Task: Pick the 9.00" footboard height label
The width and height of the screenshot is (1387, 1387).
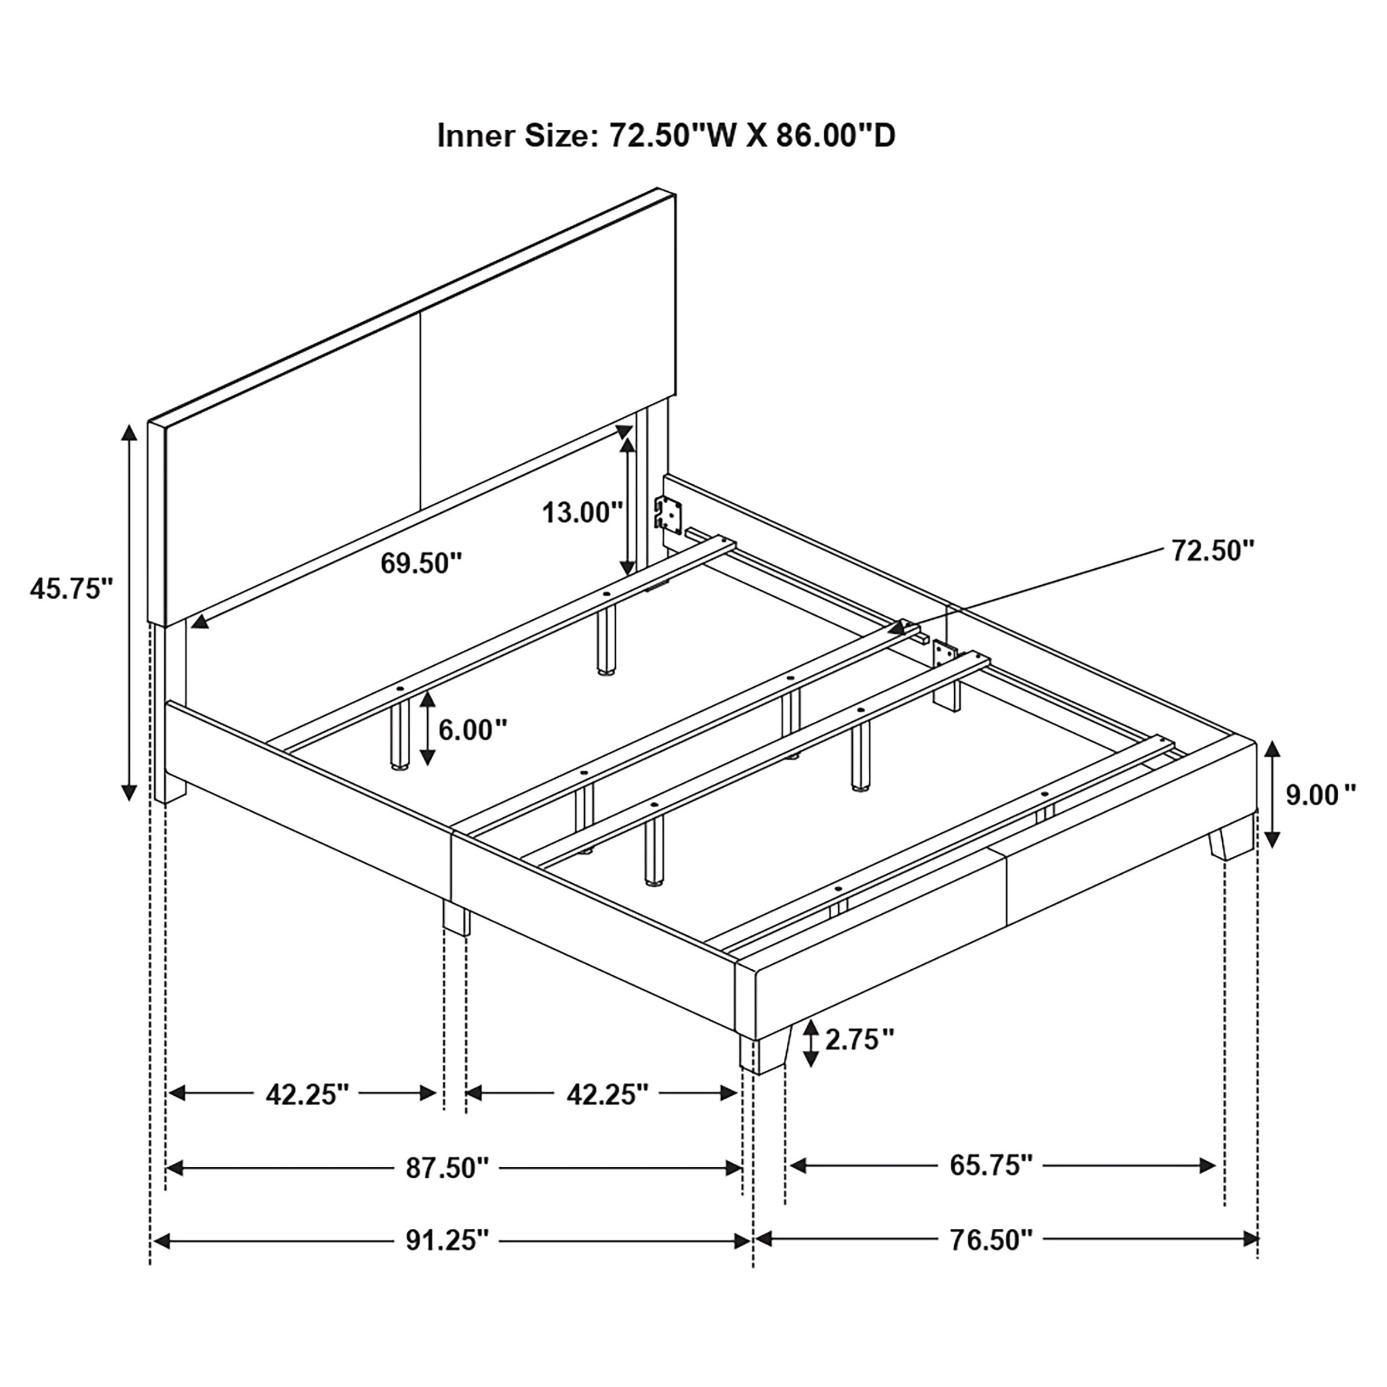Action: (x=1319, y=796)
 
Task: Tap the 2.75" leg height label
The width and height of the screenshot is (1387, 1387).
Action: (x=859, y=1039)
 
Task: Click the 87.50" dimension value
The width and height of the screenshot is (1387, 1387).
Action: (x=447, y=1168)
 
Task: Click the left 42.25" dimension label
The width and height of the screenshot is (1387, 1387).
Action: (x=307, y=1094)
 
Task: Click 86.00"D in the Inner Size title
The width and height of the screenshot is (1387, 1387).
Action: (x=836, y=136)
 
